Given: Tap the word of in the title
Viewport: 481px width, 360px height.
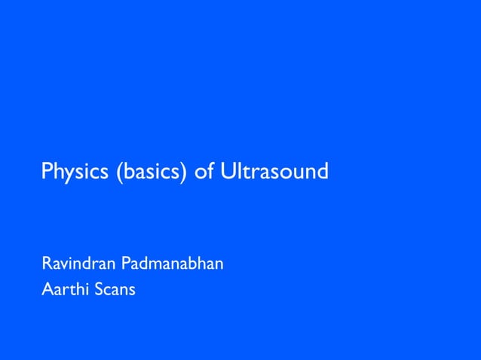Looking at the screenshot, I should [x=204, y=172].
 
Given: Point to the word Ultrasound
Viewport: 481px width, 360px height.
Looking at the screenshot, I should [x=274, y=172].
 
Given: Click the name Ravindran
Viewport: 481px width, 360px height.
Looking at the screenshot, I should [x=75, y=264].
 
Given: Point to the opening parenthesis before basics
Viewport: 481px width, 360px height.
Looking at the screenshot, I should [x=119, y=172].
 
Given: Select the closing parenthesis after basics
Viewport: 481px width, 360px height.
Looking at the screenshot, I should [x=185, y=172].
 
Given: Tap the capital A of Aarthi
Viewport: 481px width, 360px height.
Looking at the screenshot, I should [x=47, y=289].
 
